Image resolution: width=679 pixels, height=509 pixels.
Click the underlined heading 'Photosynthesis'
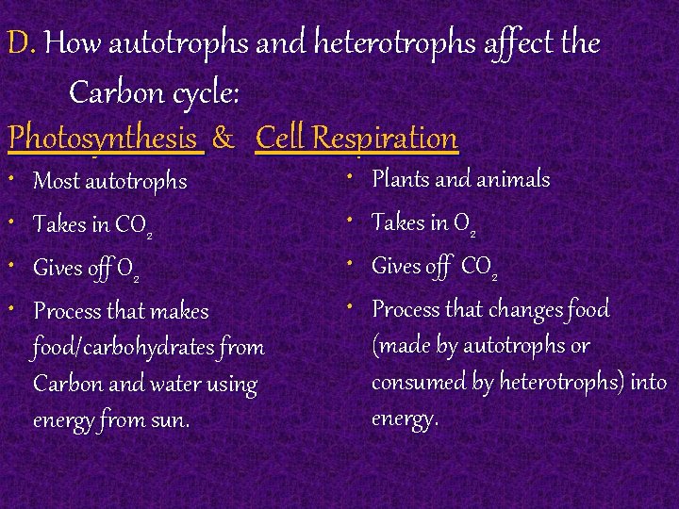click(x=105, y=140)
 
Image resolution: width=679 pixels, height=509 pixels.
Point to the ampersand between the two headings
click(x=224, y=140)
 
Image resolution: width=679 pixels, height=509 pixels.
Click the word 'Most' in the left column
click(x=57, y=180)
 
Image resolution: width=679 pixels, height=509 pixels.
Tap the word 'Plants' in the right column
click(x=403, y=178)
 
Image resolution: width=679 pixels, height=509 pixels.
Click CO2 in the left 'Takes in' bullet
click(x=133, y=225)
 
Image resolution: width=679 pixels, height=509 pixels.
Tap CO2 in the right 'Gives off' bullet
click(x=480, y=268)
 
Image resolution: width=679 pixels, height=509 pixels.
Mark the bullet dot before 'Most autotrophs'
click(x=13, y=177)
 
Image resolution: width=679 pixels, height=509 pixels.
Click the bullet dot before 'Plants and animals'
click(x=350, y=175)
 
